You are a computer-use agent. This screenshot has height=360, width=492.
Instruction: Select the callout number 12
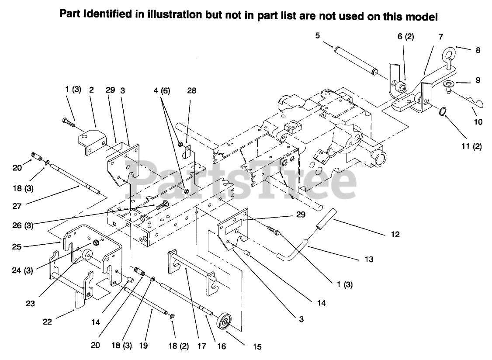[x=395, y=235]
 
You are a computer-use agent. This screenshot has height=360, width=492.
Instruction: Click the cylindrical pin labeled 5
[x=354, y=58]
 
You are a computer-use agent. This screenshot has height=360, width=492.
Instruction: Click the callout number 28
[x=191, y=91]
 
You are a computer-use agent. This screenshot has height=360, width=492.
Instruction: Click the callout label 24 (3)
[x=22, y=270]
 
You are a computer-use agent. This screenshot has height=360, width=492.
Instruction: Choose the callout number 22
[x=47, y=322]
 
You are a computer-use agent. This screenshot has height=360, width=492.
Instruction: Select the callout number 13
[x=369, y=259]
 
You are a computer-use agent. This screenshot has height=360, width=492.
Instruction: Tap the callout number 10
[x=478, y=122]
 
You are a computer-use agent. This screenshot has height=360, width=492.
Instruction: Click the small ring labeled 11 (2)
[x=444, y=113]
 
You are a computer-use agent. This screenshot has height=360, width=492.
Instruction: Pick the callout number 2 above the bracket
[x=91, y=90]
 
